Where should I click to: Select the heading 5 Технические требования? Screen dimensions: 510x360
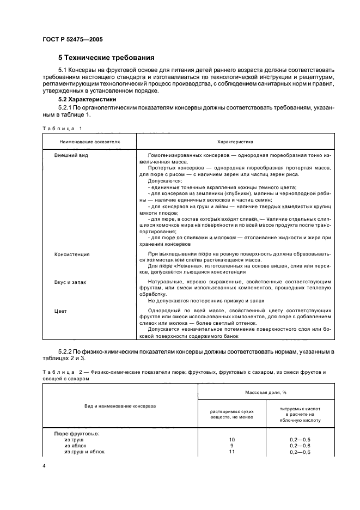(106, 57)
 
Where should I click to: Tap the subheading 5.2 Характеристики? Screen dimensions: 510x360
(89, 100)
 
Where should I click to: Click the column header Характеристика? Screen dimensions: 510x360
(235, 141)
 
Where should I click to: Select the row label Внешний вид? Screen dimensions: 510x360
(71, 155)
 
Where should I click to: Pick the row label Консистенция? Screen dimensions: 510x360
(72, 254)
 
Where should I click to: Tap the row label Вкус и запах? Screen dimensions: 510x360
(70, 282)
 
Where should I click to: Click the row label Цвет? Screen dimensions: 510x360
(60, 311)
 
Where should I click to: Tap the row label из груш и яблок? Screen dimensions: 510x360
(84, 451)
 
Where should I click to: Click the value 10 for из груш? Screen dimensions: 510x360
(231, 439)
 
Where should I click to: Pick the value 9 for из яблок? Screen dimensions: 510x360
(231, 445)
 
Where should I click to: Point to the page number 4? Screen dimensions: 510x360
(44, 466)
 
